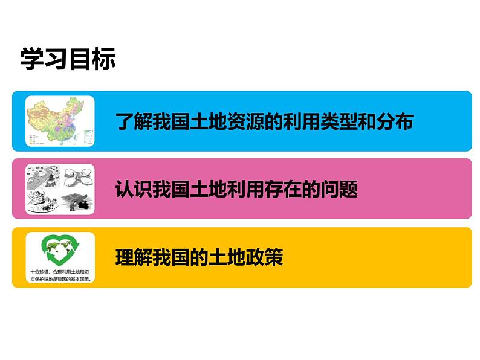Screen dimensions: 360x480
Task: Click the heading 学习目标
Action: click(x=68, y=60)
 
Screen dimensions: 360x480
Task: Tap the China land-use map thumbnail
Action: click(x=60, y=121)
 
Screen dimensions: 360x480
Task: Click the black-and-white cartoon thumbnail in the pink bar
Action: click(x=60, y=189)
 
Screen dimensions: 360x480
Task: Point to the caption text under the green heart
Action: click(x=60, y=275)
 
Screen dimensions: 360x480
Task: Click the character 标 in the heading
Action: click(x=103, y=60)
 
